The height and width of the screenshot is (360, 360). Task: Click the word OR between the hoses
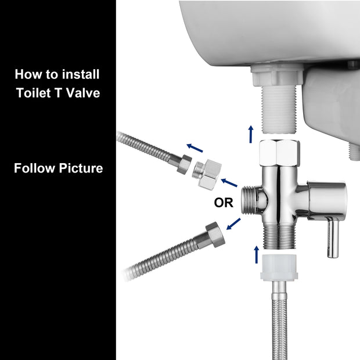pyautogui.click(x=224, y=203)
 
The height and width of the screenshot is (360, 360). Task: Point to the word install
pyautogui.click(x=80, y=74)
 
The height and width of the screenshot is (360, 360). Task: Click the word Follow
pyautogui.click(x=34, y=168)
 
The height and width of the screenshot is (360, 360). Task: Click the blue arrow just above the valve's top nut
pyautogui.click(x=250, y=133)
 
